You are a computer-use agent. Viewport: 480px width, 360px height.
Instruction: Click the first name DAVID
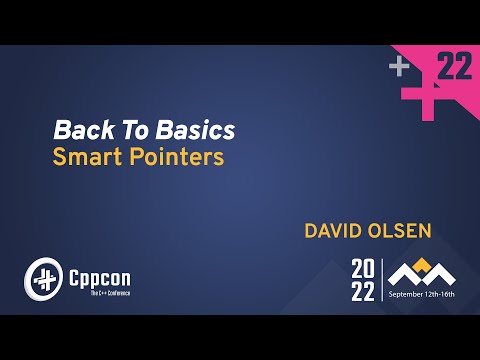pos(335,232)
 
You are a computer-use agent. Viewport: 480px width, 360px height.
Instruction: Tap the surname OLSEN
pos(402,232)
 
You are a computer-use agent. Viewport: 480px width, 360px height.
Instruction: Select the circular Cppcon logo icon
pos(43,277)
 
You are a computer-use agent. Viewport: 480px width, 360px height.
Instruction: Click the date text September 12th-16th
pos(422,295)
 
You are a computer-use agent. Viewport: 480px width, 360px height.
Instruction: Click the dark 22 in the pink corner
pos(454,67)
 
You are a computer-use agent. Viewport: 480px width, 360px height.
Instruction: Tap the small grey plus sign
pos(399,67)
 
